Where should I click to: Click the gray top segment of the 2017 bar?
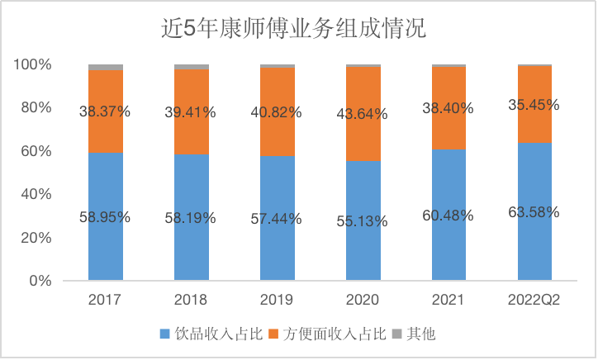click(106, 67)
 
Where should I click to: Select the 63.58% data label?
click(534, 212)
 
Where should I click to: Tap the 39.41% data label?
click(192, 112)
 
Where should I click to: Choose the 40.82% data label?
click(278, 111)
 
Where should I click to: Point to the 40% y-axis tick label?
click(37, 194)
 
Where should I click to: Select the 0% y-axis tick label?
click(41, 281)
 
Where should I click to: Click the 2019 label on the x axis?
click(278, 299)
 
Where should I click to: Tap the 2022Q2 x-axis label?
click(534, 299)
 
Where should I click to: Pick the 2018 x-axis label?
click(192, 299)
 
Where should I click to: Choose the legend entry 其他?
click(421, 334)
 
